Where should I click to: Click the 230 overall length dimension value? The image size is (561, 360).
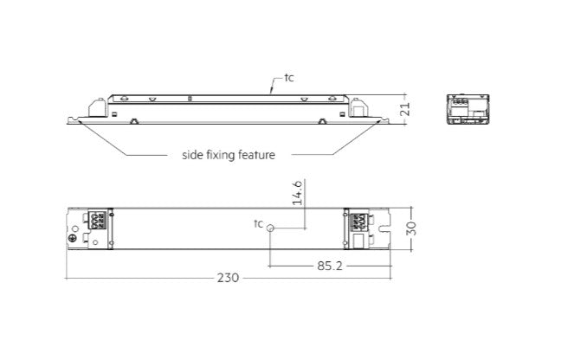[228, 278]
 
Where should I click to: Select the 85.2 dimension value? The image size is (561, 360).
[330, 266]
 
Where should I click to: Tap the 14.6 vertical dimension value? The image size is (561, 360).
[298, 192]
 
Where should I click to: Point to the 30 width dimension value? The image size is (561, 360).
[412, 228]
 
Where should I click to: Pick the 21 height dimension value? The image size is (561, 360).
[404, 109]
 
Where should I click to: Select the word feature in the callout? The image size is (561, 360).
[256, 155]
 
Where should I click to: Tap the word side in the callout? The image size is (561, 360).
[193, 155]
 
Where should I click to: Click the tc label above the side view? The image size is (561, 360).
[289, 78]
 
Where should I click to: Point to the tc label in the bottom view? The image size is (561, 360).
[258, 224]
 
